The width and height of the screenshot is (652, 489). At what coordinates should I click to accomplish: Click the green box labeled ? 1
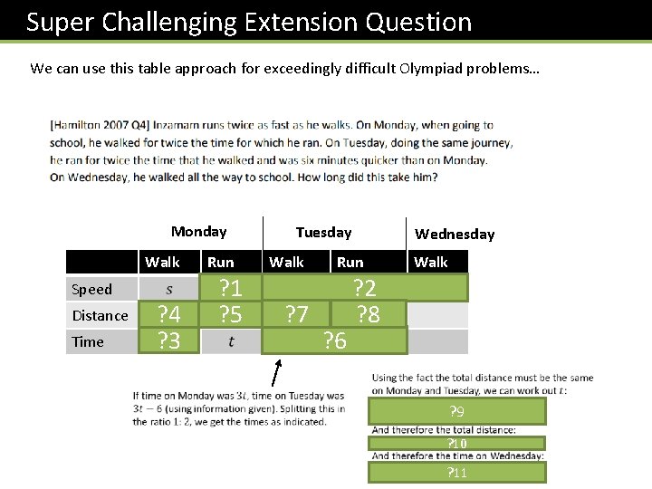(231, 288)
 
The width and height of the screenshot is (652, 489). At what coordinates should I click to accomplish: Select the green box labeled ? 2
(365, 288)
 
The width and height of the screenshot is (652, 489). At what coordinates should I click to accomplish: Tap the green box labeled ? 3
(168, 340)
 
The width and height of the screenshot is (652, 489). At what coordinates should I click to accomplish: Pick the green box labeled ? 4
(168, 314)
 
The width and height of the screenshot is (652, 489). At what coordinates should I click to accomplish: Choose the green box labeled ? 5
(231, 314)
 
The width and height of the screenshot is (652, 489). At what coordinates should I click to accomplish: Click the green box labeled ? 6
(335, 340)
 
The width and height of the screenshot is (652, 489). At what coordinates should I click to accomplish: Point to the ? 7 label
(296, 314)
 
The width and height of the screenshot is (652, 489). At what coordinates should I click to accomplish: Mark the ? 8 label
(368, 314)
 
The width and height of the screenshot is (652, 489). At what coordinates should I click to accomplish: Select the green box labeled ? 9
(457, 411)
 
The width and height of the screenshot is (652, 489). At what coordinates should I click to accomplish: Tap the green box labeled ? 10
(457, 444)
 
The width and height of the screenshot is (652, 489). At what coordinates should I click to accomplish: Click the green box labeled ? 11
(457, 473)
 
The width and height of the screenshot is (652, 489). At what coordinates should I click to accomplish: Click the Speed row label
(91, 290)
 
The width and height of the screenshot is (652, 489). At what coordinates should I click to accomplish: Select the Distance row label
(100, 315)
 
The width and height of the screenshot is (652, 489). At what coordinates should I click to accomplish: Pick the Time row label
(88, 341)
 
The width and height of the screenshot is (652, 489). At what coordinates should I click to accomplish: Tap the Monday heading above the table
(198, 232)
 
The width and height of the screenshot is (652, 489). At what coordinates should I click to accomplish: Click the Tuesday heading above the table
(323, 233)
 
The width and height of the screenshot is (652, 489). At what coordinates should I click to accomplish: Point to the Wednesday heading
(455, 235)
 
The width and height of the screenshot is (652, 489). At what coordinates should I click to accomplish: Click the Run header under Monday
(220, 263)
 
